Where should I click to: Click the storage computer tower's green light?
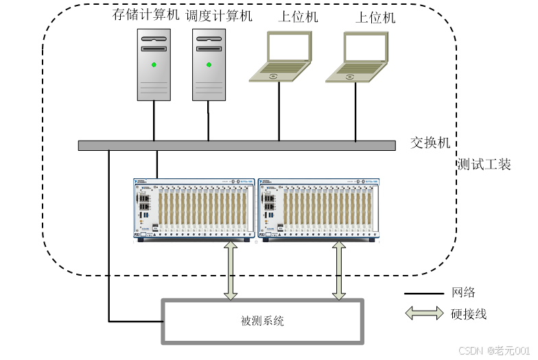click(x=154, y=65)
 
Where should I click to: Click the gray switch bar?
click(x=237, y=145)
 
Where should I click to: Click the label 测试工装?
click(x=484, y=165)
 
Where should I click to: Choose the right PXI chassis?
click(x=318, y=209)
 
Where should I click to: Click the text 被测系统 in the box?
click(x=262, y=321)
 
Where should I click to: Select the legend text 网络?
click(x=463, y=293)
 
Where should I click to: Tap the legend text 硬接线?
click(x=469, y=314)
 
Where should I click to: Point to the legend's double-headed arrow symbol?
click(x=424, y=314)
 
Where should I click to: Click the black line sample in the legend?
click(x=424, y=293)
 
